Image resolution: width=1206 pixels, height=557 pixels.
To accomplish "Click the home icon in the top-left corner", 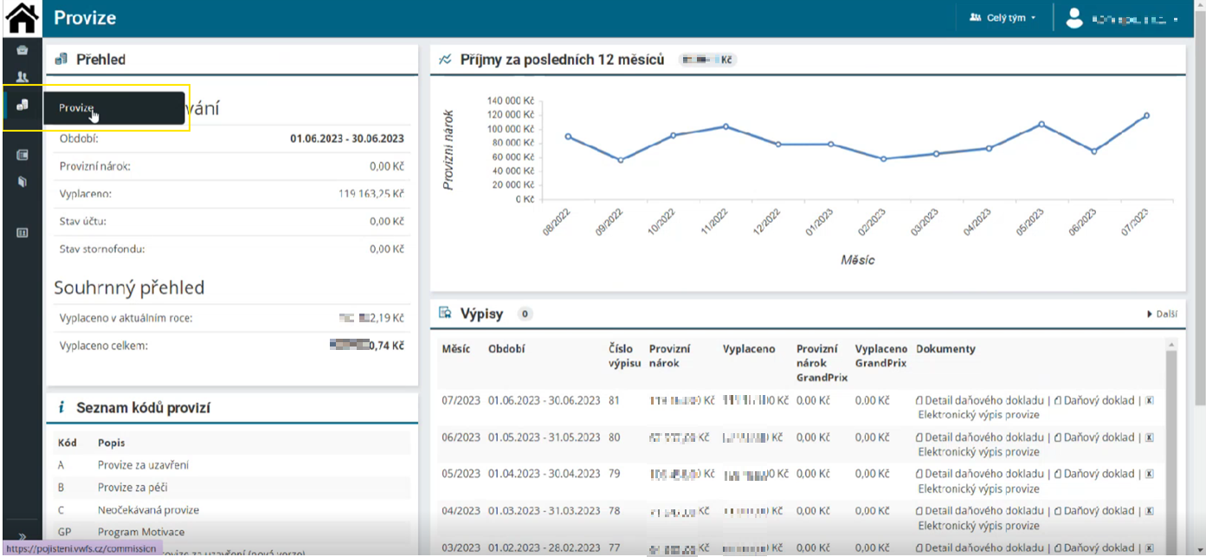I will click(x=22, y=18).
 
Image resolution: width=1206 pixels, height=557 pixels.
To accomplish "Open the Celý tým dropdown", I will click(x=1003, y=18).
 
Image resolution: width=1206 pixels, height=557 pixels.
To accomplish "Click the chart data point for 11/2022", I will click(x=726, y=126).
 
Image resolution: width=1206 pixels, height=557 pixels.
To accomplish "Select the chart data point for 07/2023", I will click(x=1146, y=115).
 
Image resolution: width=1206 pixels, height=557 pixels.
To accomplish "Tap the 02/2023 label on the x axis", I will click(x=872, y=223).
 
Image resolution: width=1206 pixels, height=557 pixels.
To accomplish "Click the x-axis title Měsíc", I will click(x=856, y=260).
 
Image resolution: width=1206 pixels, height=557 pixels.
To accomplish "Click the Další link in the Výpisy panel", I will click(x=1162, y=314).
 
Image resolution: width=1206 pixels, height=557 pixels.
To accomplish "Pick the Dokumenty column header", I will click(x=945, y=349).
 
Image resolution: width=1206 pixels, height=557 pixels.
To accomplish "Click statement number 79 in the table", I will click(x=615, y=474).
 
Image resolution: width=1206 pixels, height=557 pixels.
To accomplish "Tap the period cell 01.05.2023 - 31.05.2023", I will click(x=544, y=437).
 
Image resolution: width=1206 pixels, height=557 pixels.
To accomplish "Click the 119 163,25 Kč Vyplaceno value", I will click(x=371, y=194).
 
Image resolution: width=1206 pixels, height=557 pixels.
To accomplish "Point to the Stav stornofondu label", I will click(x=102, y=249).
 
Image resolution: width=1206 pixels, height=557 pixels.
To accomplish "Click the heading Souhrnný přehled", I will click(x=129, y=288).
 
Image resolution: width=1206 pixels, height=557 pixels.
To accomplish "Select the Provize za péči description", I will click(x=132, y=488).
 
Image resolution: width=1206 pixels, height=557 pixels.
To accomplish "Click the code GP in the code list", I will click(x=65, y=532).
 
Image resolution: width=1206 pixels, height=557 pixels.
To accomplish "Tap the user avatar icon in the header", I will click(x=1074, y=18).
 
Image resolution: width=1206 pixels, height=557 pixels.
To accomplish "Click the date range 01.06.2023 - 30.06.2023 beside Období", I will click(x=346, y=139).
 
